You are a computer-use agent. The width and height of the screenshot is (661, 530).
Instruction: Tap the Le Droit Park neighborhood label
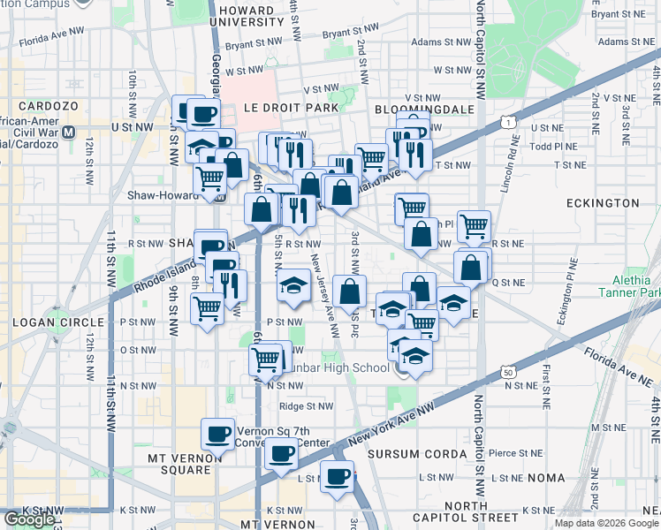pyautogui.click(x=279, y=108)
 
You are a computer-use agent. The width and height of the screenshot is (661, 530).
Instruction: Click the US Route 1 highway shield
pyautogui.click(x=506, y=120)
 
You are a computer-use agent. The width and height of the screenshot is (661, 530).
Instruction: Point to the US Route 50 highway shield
pyautogui.click(x=507, y=374)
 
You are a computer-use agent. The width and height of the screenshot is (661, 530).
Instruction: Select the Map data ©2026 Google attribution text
pyautogui.click(x=606, y=523)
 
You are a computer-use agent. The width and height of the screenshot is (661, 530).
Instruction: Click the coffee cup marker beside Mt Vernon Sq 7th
pyautogui.click(x=218, y=434)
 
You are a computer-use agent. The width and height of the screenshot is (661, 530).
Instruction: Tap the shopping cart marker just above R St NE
pyautogui.click(x=475, y=226)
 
